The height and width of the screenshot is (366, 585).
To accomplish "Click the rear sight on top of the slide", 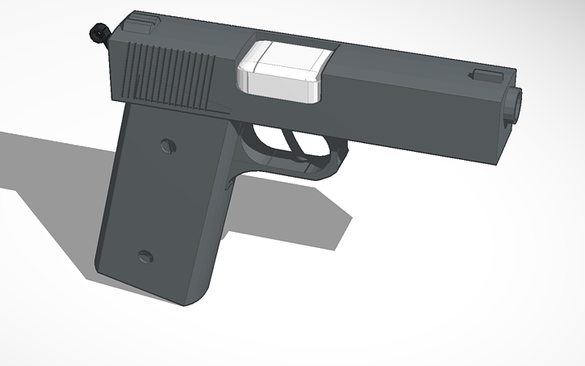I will click(141, 23).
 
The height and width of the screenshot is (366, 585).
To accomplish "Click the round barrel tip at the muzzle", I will click(514, 106).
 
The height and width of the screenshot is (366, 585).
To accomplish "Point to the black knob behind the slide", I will click(99, 32).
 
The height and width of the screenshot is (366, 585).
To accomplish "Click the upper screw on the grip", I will click(167, 146).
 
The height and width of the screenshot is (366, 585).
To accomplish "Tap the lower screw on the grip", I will click(146, 258).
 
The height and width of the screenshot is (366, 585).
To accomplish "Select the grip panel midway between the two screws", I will click(157, 202).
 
